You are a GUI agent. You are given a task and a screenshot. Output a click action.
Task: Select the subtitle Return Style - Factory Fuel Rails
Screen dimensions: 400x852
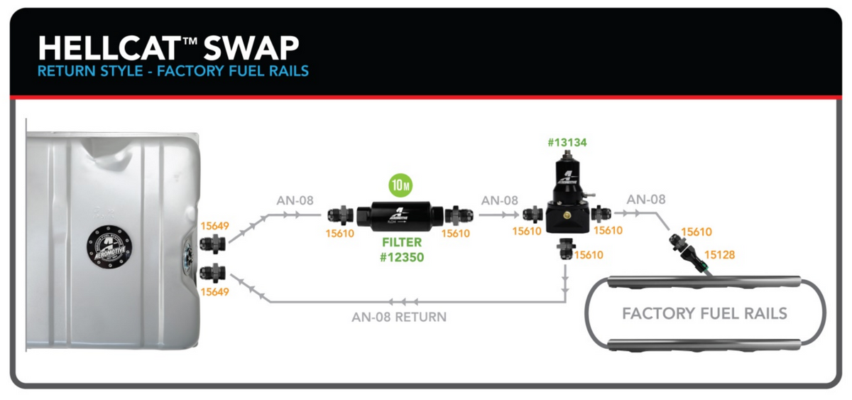coord(173,71)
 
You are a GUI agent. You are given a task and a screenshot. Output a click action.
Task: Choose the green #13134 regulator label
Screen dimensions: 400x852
coord(567,143)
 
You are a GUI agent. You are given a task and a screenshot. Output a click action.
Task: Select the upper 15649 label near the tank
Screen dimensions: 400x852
coord(214,226)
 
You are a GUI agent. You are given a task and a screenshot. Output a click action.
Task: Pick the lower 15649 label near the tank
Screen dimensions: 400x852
coord(214,291)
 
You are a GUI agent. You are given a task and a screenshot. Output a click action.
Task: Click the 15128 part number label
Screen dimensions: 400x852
coord(721,254)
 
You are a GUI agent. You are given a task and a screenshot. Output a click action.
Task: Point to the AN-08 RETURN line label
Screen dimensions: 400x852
coord(399,317)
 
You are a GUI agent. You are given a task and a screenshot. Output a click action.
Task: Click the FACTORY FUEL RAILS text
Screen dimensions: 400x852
coord(704,313)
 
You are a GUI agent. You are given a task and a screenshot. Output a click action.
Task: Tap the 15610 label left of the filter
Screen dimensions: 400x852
coord(340,233)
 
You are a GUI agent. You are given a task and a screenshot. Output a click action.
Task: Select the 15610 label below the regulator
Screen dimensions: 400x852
coord(589,255)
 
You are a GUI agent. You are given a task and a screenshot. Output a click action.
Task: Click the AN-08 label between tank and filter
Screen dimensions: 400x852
coord(295,200)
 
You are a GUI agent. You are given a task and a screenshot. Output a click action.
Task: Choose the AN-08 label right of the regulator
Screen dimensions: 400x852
coord(645,200)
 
